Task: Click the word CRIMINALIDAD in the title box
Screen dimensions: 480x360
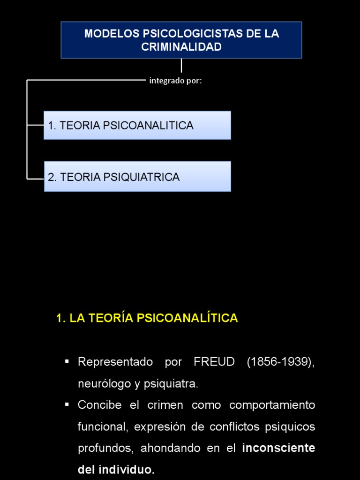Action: coord(181,47)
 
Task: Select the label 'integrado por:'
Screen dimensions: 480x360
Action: coord(175,81)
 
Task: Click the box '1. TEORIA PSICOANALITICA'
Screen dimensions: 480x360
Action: coord(137,125)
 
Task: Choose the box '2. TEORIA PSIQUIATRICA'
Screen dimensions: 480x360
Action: coord(137,177)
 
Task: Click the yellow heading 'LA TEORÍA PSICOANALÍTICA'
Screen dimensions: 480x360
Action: coord(153,318)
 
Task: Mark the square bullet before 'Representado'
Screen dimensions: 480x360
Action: coord(67,361)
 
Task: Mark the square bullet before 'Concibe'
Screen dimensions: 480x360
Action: coord(67,404)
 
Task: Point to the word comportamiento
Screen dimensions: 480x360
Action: coord(272,405)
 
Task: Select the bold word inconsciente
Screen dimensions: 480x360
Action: coord(278,448)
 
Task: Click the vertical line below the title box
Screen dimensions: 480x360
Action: coord(181,65)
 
